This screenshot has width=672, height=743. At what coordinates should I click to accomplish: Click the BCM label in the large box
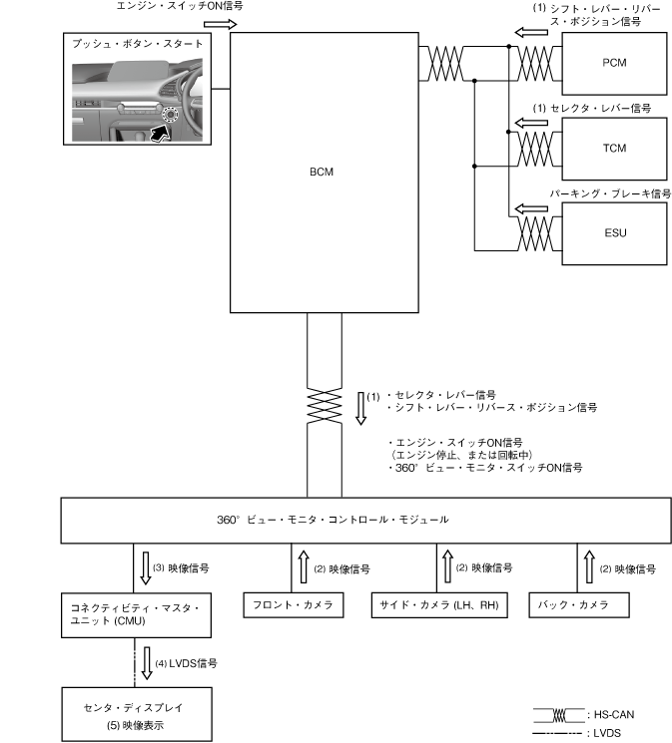322,172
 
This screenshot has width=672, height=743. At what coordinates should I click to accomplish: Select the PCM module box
614,64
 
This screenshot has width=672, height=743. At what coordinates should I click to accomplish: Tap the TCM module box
614,149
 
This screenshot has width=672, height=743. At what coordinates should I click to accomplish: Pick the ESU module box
614,233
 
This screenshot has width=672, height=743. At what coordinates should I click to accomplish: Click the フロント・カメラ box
294,605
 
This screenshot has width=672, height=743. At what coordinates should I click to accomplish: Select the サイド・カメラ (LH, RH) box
439,605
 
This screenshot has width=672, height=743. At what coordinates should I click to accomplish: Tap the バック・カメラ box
579,605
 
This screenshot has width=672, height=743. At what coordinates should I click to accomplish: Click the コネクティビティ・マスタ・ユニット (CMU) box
136,615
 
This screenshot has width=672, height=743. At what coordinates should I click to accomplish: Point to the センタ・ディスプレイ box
137,714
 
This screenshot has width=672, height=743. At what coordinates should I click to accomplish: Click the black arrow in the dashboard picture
160,134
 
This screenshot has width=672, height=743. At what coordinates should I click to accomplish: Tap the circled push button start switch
170,115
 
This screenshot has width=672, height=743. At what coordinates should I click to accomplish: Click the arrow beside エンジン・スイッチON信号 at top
221,24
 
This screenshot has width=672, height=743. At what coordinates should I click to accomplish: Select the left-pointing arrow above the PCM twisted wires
531,32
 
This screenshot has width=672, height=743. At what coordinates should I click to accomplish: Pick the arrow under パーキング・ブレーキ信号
531,208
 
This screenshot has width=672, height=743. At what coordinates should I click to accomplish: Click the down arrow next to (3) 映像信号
146,567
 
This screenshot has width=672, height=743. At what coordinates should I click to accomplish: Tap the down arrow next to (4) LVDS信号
147,663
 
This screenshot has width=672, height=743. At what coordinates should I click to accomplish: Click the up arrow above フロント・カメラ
304,566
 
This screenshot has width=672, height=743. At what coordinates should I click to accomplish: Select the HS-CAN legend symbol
558,715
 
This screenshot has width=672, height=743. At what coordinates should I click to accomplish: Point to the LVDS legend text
607,733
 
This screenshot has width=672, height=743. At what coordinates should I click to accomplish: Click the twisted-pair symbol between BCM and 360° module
325,406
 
